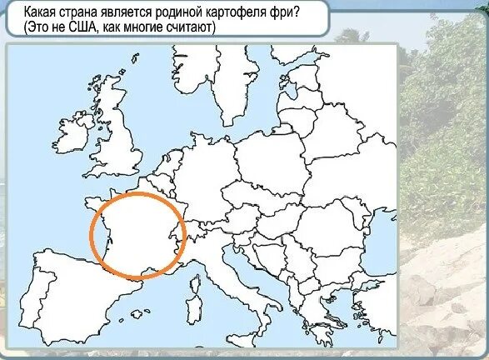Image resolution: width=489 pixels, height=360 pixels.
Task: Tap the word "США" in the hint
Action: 78,27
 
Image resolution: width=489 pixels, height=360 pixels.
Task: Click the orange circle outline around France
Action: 91,234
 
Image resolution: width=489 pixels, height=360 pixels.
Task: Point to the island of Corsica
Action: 197,272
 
